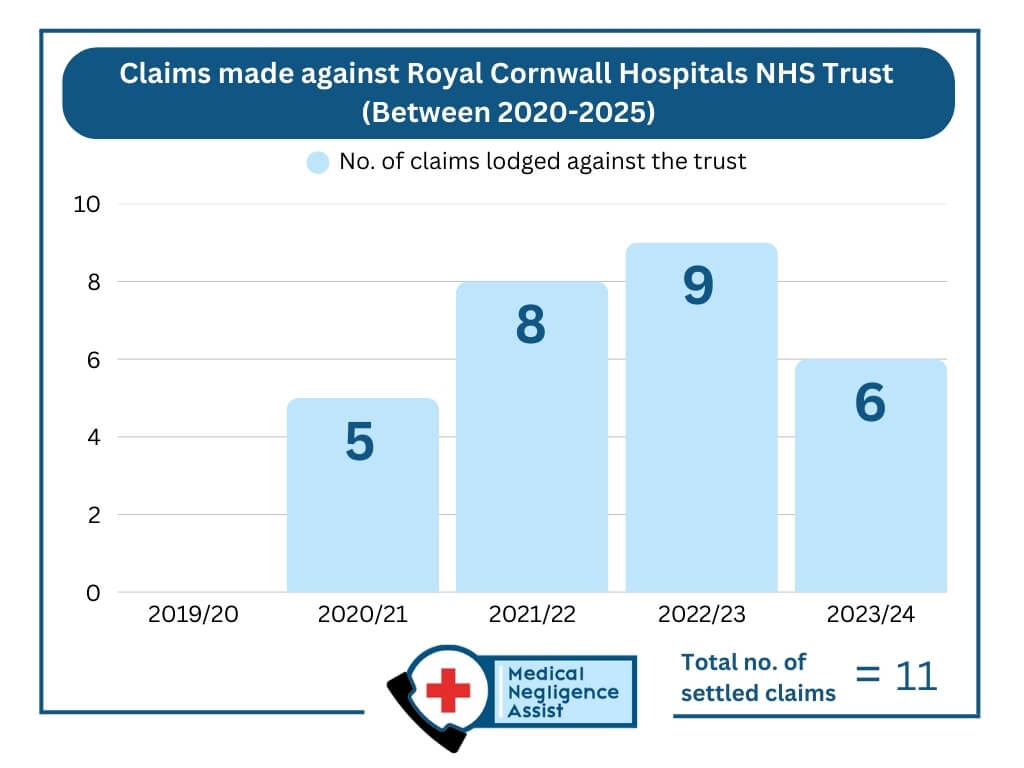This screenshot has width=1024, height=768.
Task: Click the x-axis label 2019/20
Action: (x=193, y=614)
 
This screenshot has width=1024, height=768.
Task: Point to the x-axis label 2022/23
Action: (x=701, y=614)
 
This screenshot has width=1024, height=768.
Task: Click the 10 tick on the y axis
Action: (x=87, y=204)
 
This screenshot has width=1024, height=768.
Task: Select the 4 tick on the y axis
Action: (x=93, y=437)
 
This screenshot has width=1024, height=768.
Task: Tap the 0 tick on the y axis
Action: (x=93, y=593)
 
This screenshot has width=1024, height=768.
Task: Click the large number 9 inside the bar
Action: (x=699, y=286)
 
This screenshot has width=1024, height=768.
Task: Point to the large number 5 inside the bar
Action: (x=359, y=443)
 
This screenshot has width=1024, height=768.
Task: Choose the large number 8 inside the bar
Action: (x=530, y=326)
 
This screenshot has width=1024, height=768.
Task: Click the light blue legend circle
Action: (x=318, y=162)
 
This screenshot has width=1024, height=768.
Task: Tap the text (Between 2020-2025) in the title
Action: (x=508, y=112)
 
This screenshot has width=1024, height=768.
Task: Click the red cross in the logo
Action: (x=447, y=690)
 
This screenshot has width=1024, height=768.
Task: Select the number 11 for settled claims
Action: (x=916, y=676)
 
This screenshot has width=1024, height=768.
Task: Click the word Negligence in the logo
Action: (x=563, y=692)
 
